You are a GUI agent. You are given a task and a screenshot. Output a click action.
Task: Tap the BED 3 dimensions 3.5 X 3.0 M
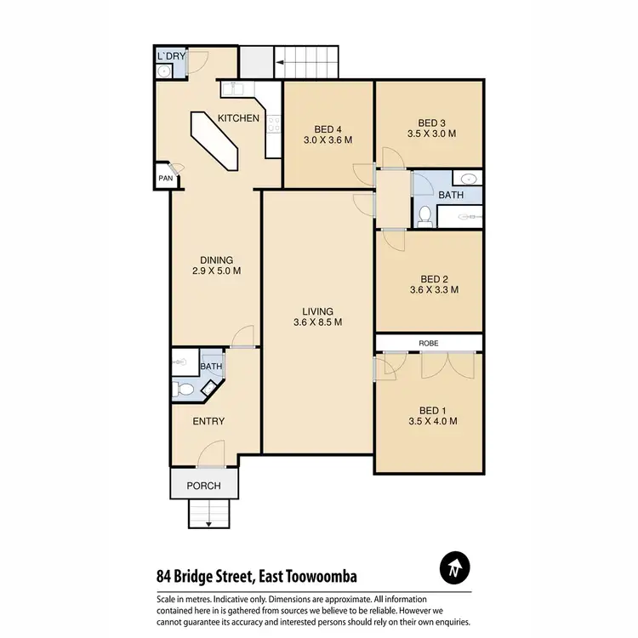click(x=431, y=134)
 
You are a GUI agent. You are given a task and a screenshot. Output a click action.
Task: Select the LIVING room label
click(x=317, y=311)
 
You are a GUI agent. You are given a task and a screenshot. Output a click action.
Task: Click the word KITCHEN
click(x=238, y=118)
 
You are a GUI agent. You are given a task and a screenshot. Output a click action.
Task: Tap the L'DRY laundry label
click(x=172, y=57)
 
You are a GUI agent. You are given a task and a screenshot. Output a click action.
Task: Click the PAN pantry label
click(x=165, y=179)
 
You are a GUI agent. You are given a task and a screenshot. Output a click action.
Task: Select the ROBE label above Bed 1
click(x=429, y=345)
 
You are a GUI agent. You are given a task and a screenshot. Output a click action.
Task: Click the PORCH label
click(x=203, y=486)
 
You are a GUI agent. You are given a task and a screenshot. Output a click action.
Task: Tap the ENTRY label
click(x=208, y=421)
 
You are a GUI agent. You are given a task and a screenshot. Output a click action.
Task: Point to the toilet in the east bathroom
click(x=425, y=216)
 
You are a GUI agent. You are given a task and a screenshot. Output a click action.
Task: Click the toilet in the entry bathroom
click(x=179, y=390)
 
